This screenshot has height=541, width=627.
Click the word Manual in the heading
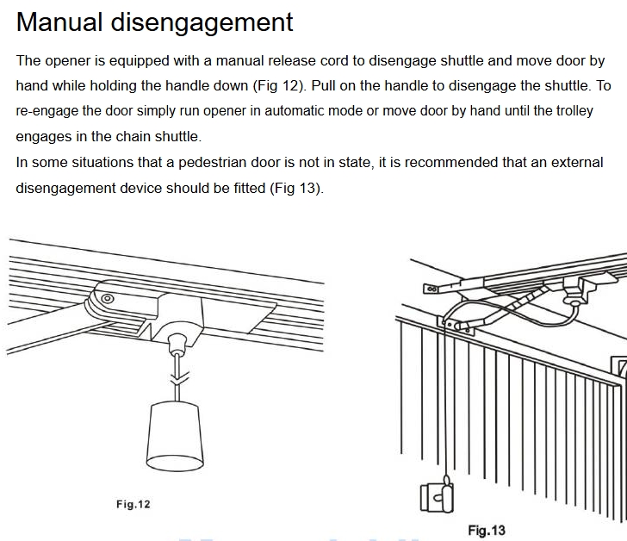click(59, 22)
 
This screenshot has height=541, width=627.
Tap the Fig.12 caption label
click(133, 504)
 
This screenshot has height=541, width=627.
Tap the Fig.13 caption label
click(487, 530)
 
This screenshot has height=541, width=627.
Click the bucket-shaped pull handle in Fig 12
click(175, 435)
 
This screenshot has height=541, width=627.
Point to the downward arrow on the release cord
click(179, 378)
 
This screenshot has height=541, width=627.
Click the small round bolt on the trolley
click(107, 298)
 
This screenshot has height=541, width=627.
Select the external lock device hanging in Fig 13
click(437, 495)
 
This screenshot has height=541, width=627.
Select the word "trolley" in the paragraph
click(575, 111)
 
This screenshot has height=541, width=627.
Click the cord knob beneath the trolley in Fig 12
click(177, 344)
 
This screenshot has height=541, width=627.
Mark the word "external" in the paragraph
click(577, 162)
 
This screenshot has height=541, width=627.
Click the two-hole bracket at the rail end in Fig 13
click(432, 289)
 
